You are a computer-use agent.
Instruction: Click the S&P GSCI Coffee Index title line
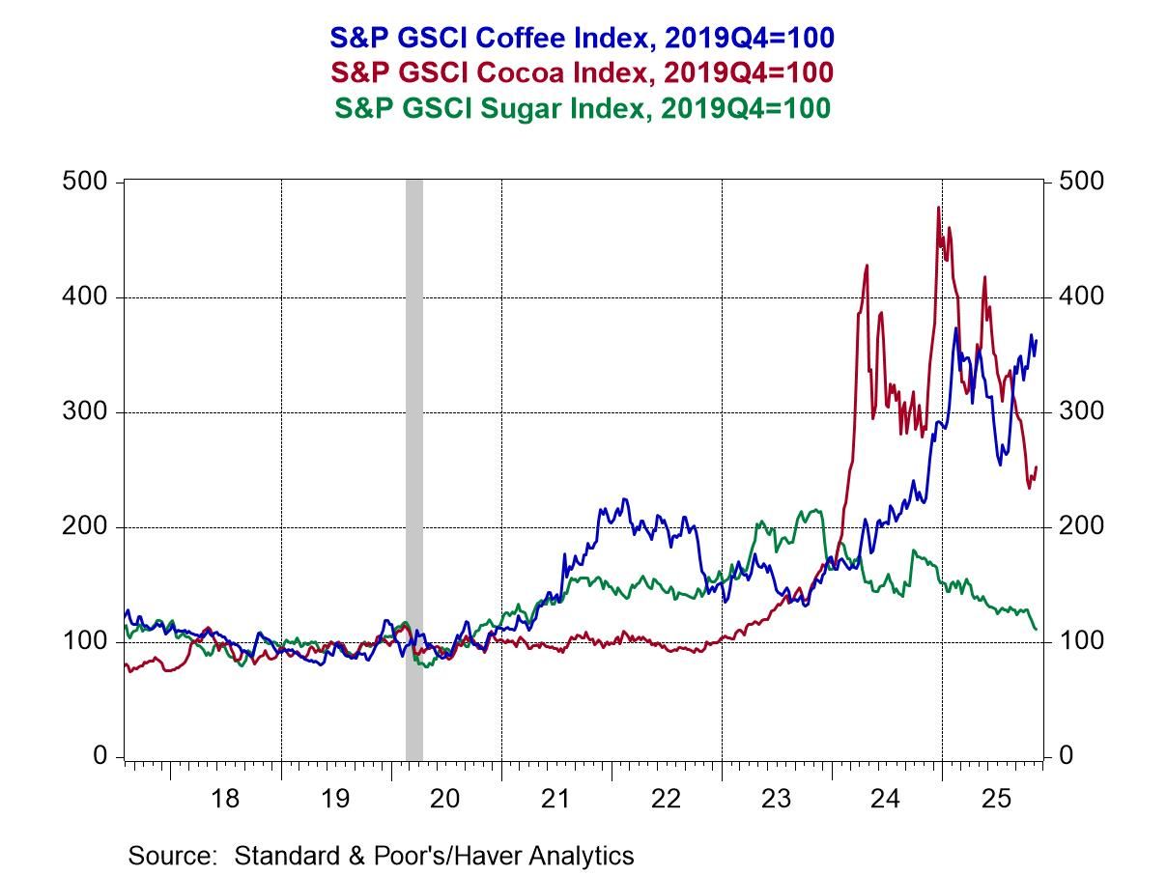pyautogui.click(x=582, y=38)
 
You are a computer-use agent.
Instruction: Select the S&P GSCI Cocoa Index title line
pyautogui.click(x=582, y=73)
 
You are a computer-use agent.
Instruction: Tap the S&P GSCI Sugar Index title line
pyautogui.click(x=582, y=108)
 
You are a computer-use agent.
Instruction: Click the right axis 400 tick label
pyautogui.click(x=1078, y=297)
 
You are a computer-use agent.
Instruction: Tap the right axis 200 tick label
pyautogui.click(x=1078, y=527)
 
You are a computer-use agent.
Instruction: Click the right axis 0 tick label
pyautogui.click(x=1066, y=756)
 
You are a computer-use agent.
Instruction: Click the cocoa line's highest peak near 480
pyautogui.click(x=938, y=208)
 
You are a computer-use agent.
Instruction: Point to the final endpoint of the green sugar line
pyautogui.click(x=1037, y=630)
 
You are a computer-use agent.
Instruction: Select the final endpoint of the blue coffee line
pyautogui.click(x=1037, y=339)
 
